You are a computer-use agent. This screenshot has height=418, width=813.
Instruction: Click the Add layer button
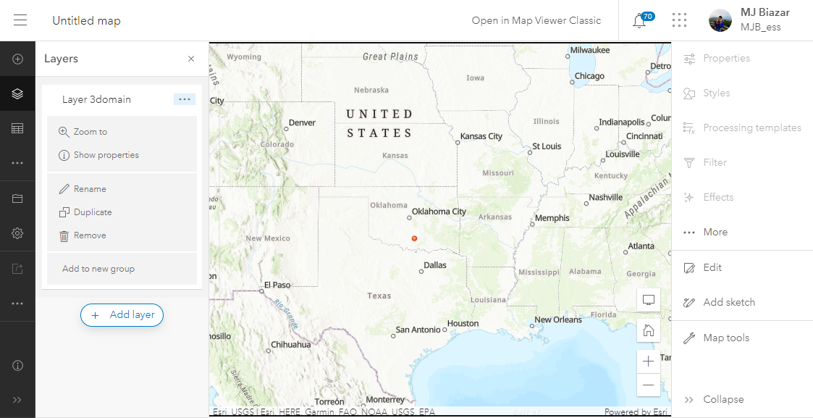point(122,315)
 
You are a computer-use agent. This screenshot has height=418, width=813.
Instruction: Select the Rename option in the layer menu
point(90,189)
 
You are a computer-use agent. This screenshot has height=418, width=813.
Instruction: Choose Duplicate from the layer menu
point(93,212)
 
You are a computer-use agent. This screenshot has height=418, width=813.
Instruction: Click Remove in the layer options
point(90,235)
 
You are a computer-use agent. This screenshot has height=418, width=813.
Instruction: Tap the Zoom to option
point(90,132)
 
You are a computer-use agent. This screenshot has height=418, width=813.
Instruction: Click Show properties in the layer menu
point(106,155)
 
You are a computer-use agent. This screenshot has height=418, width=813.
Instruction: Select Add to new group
point(98,269)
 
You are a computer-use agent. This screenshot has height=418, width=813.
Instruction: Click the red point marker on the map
point(414,238)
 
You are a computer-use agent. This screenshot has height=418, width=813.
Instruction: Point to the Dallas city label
point(435,265)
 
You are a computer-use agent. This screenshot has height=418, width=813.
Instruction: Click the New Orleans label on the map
point(558,319)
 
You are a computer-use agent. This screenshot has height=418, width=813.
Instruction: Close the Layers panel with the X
point(191,59)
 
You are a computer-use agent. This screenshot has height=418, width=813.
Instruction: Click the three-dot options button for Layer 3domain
point(184,99)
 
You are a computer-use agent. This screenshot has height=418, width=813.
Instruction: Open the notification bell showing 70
point(639,21)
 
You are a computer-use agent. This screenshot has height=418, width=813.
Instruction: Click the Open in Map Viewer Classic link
point(536,20)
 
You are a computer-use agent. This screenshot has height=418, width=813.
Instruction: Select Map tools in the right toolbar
point(726,338)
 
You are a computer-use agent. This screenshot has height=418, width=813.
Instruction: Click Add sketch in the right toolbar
point(729,302)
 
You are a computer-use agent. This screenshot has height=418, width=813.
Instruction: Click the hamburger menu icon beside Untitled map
point(20,20)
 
